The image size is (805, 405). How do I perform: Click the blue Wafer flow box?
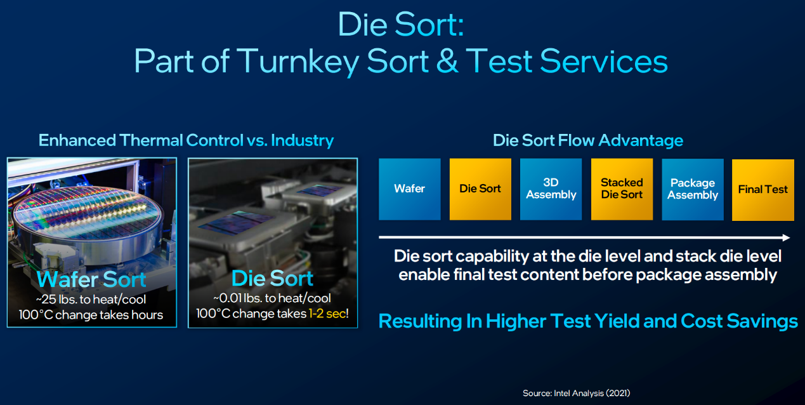pos(410,189)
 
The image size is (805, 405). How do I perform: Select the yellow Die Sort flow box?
pos(480,189)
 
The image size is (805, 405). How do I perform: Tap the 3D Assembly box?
pos(551,189)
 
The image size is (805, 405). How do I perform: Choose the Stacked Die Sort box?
pos(622,189)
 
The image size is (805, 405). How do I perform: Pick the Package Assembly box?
pos(693,190)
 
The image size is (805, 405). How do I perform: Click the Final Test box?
pos(763,190)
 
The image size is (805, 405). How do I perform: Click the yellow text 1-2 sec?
pos(327,314)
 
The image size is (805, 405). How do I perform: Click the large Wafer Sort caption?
pos(91,279)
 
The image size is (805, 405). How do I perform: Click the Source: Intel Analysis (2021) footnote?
pos(577,393)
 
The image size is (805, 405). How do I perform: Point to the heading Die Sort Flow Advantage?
pos(588,140)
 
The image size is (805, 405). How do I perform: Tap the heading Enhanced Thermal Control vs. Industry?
pos(186,140)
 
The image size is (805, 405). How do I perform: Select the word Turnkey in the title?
pos(298,62)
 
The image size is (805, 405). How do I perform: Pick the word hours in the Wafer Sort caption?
pos(147,315)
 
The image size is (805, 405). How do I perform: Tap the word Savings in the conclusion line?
pos(762,322)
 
